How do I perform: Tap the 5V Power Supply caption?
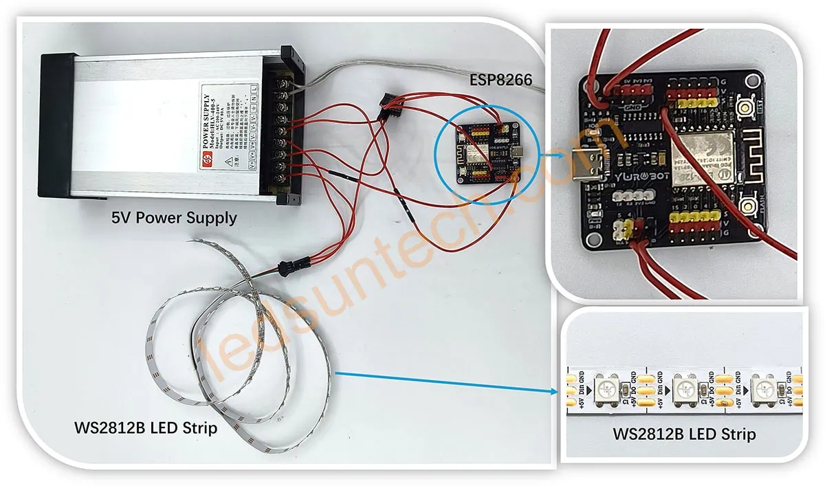pyautogui.click(x=174, y=218)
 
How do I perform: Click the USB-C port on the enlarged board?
pyautogui.click(x=588, y=163)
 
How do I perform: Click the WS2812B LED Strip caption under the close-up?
pyautogui.click(x=684, y=434)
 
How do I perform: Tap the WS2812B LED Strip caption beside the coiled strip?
pyautogui.click(x=146, y=428)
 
